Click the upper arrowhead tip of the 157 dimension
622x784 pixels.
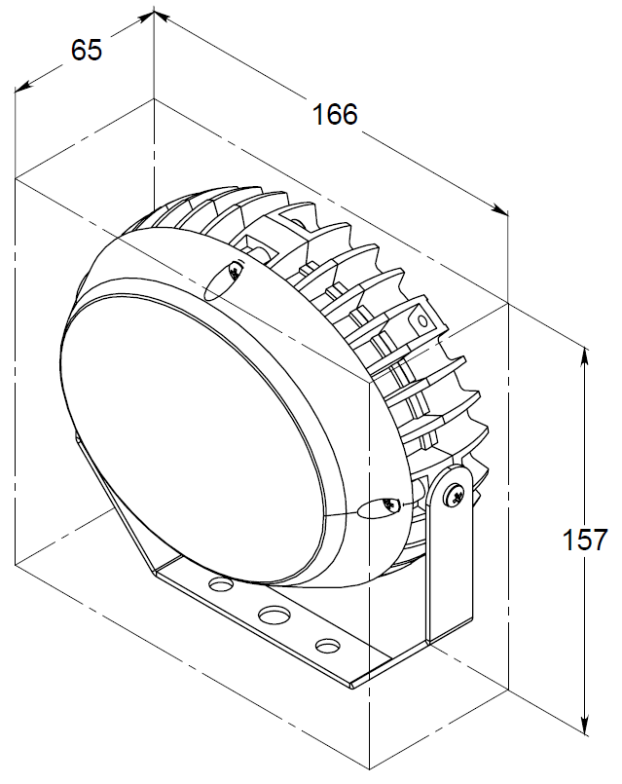pyautogui.click(x=585, y=346)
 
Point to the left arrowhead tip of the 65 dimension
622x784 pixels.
pyautogui.click(x=15, y=92)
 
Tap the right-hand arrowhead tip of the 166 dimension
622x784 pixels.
pyautogui.click(x=508, y=216)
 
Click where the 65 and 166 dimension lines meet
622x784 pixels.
pyautogui.click(x=154, y=12)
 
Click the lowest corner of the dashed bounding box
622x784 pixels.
pyautogui.click(x=369, y=770)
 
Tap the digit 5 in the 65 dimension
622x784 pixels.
pyautogui.click(x=93, y=50)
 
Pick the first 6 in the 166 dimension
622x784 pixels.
pyautogui.click(x=334, y=114)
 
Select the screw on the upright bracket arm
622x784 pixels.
pyautogui.click(x=455, y=496)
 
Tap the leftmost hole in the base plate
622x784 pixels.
pyautogui.click(x=222, y=584)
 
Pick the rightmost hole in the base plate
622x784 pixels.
pyautogui.click(x=328, y=646)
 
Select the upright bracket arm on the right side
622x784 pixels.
pyautogui.click(x=450, y=552)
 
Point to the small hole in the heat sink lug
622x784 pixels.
pyautogui.click(x=422, y=320)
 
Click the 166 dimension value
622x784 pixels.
pyautogui.click(x=335, y=114)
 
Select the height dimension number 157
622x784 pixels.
pyautogui.click(x=585, y=540)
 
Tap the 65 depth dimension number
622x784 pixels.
pyautogui.click(x=87, y=50)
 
